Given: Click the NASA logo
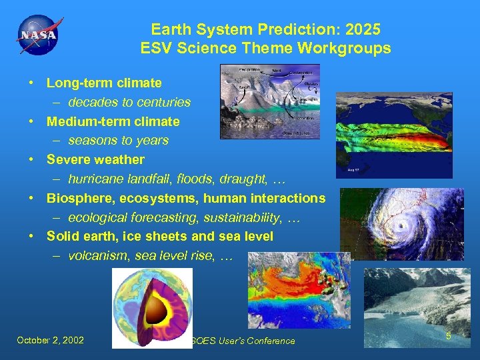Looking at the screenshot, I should (38, 35).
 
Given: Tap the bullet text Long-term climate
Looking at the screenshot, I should (104, 83).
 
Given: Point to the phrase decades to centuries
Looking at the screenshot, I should (129, 103).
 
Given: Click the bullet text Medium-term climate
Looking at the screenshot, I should (113, 121).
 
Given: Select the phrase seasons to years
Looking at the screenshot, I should (118, 141).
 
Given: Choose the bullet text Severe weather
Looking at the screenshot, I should (95, 160).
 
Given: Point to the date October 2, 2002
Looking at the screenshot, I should (51, 340).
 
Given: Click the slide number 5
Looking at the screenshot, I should (449, 336).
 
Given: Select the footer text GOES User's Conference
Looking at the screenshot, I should (243, 341).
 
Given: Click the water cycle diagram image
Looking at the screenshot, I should (270, 101).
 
